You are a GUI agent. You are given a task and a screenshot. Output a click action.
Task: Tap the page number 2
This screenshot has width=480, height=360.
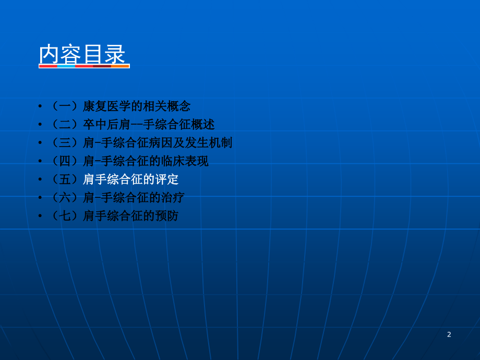click(449, 334)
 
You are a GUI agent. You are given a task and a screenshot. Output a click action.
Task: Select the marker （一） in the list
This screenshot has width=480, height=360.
click(65, 106)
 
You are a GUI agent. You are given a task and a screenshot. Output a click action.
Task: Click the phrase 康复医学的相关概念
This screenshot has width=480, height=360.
click(137, 106)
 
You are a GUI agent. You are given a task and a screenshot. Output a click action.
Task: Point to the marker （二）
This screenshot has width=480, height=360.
click(65, 125)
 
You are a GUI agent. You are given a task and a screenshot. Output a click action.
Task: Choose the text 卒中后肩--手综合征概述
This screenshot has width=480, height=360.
click(149, 125)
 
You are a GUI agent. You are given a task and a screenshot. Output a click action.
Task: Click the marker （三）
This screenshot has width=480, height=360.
click(65, 143)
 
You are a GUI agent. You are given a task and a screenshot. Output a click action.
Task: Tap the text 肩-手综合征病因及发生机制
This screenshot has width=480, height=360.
click(158, 143)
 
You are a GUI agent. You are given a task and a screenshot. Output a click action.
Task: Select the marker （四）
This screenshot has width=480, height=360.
click(65, 161)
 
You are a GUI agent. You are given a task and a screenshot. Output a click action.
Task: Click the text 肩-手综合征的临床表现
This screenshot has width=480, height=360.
click(146, 161)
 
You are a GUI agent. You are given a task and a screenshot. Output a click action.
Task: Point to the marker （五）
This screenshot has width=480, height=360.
click(65, 179)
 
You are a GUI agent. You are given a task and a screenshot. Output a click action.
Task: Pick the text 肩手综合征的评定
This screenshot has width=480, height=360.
click(130, 179)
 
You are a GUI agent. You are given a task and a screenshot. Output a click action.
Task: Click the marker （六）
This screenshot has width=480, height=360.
click(65, 198)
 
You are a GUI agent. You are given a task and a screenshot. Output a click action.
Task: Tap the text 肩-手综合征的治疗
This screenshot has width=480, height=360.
click(134, 198)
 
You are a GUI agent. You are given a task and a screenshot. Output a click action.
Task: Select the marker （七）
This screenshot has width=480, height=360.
click(65, 216)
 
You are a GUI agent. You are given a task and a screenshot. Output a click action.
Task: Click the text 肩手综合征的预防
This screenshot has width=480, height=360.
click(130, 216)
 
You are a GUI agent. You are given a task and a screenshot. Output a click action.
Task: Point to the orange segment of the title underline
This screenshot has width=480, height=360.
click(120, 66)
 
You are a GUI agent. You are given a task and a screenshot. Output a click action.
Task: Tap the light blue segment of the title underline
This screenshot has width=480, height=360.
click(66, 66)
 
